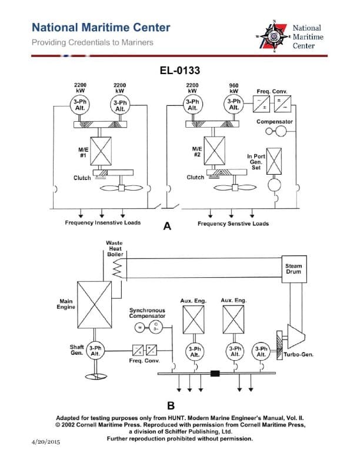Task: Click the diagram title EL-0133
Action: coord(180,71)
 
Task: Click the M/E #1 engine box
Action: coord(101,151)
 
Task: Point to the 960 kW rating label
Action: coord(233,88)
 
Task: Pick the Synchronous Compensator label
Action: coord(147,313)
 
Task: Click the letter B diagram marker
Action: coord(171,405)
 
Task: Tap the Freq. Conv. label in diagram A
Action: coord(271,92)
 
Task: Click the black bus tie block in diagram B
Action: coord(215,373)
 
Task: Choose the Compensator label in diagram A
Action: coord(274,121)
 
